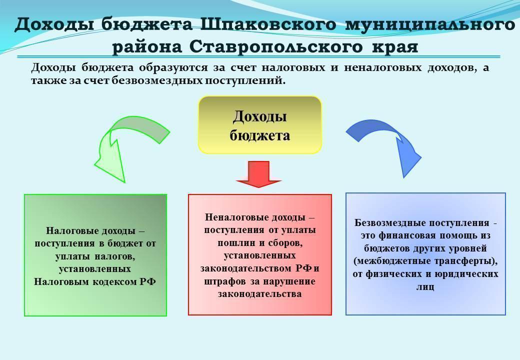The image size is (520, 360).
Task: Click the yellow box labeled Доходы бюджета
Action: (x=260, y=124)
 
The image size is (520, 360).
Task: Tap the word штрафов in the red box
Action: (x=224, y=281)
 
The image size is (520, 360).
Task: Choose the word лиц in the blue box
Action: (x=425, y=286)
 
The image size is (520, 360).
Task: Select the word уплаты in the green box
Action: (x=73, y=255)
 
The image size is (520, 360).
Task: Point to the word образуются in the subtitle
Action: (x=167, y=67)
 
